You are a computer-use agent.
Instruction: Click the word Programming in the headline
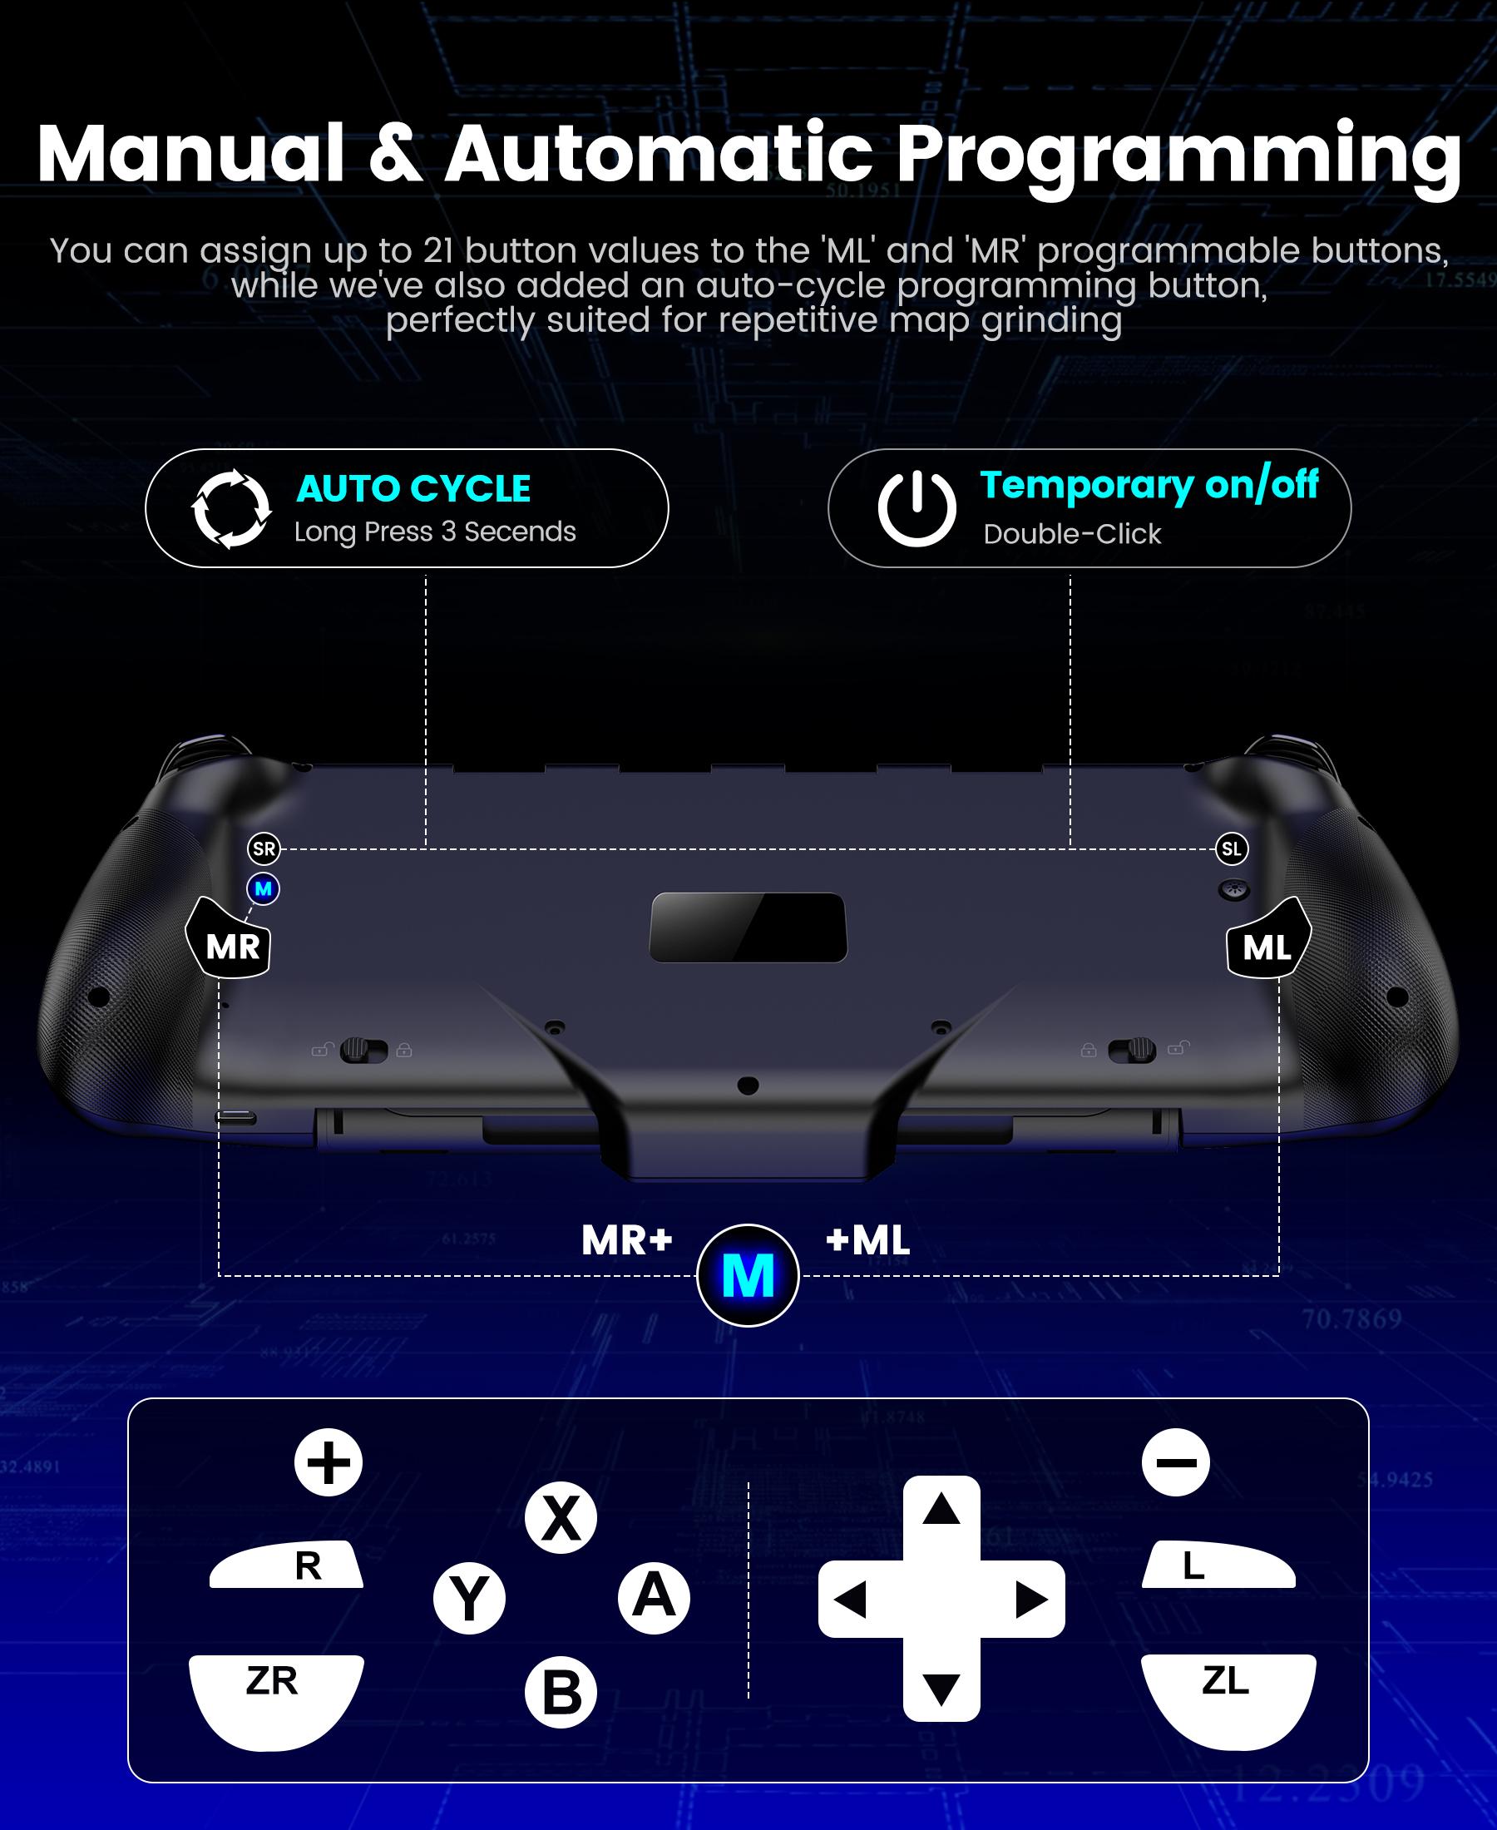pyautogui.click(x=1178, y=156)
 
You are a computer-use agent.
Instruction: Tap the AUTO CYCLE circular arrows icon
pyautogui.click(x=230, y=509)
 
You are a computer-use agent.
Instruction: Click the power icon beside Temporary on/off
pyautogui.click(x=916, y=508)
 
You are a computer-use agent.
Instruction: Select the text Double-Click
pyautogui.click(x=1072, y=534)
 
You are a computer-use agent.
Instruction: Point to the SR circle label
pyautogui.click(x=264, y=848)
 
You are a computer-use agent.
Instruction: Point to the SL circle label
pyautogui.click(x=1232, y=848)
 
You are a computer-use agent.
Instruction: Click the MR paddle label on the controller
pyautogui.click(x=231, y=946)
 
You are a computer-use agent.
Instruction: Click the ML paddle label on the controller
pyautogui.click(x=1267, y=947)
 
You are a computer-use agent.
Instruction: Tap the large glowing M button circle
pyautogui.click(x=748, y=1275)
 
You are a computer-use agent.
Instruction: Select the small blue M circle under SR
pyautogui.click(x=263, y=888)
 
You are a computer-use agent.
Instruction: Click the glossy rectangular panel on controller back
pyautogui.click(x=748, y=927)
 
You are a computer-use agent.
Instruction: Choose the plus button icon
pyautogui.click(x=329, y=1462)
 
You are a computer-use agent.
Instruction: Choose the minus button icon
pyautogui.click(x=1175, y=1462)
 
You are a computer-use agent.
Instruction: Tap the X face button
pyautogui.click(x=561, y=1518)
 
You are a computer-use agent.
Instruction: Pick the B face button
pyautogui.click(x=561, y=1692)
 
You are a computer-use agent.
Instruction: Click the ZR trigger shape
pyautogui.click(x=274, y=1695)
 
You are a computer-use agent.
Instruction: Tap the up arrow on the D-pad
pyautogui.click(x=941, y=1511)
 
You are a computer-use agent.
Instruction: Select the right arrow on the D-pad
pyautogui.click(x=1030, y=1600)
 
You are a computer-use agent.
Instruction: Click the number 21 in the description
pyautogui.click(x=438, y=251)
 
